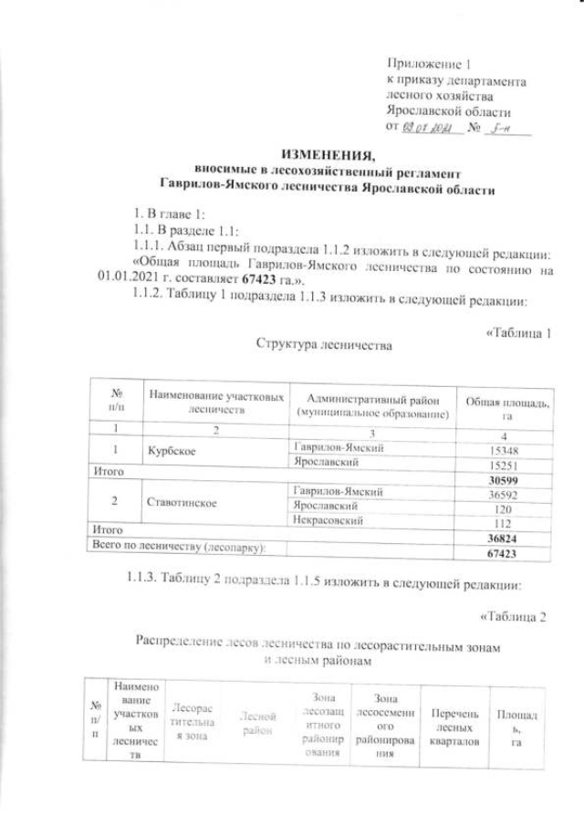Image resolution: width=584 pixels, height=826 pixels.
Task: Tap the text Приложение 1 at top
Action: coord(428,65)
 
